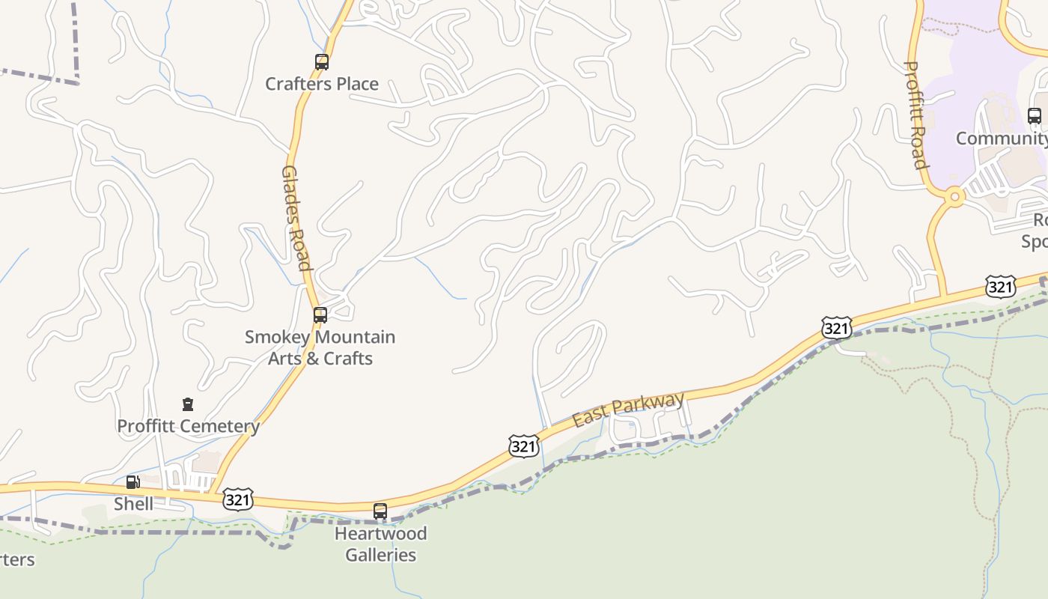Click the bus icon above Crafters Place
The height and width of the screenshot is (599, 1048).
point(322,62)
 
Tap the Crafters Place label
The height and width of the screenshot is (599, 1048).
point(322,84)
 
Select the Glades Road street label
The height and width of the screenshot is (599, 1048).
point(295,217)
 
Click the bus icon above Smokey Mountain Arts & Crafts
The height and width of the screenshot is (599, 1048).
point(320,315)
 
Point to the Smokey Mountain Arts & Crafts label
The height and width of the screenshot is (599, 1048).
point(320,347)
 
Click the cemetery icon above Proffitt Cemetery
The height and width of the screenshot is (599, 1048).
point(188,404)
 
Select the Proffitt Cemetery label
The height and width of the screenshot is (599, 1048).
point(188,426)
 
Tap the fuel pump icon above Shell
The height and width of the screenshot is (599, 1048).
point(133,482)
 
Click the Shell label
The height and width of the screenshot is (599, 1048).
point(133,504)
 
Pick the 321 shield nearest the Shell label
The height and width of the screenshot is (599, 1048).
point(237,499)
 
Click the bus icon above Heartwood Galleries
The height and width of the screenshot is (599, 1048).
point(380,511)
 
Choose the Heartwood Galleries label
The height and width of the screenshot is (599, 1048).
point(380,544)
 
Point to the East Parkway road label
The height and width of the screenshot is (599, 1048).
point(628,410)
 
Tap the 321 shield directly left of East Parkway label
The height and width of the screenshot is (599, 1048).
point(523,446)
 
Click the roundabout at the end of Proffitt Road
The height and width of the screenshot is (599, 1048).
point(954,198)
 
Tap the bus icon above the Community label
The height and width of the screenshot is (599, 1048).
point(1035,116)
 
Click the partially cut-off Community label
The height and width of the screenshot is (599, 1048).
point(1002,139)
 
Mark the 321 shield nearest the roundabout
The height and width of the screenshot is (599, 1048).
point(1000,286)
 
